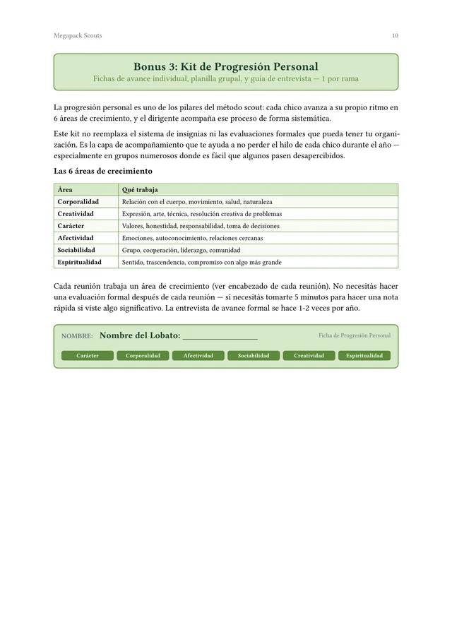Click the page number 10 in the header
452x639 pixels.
[395, 35]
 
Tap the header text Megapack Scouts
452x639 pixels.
[78, 35]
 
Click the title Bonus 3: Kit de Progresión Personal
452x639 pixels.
[226, 66]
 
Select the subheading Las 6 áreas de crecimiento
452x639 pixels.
[103, 171]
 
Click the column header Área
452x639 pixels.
[65, 190]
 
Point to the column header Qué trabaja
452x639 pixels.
[140, 190]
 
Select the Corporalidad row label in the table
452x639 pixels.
[78, 202]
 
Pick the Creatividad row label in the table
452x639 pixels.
[76, 214]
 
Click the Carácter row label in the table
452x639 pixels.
[71, 226]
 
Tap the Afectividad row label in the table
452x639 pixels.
[76, 238]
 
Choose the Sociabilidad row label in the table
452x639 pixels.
[77, 250]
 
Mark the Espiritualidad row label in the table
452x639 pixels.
[79, 262]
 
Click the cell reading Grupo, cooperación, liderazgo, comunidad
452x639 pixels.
[181, 250]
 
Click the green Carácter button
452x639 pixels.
[88, 356]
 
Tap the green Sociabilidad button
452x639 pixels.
[254, 356]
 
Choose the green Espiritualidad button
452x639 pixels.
[364, 356]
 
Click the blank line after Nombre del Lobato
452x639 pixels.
[220, 337]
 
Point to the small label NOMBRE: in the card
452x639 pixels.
[77, 336]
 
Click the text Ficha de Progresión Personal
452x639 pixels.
[354, 335]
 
